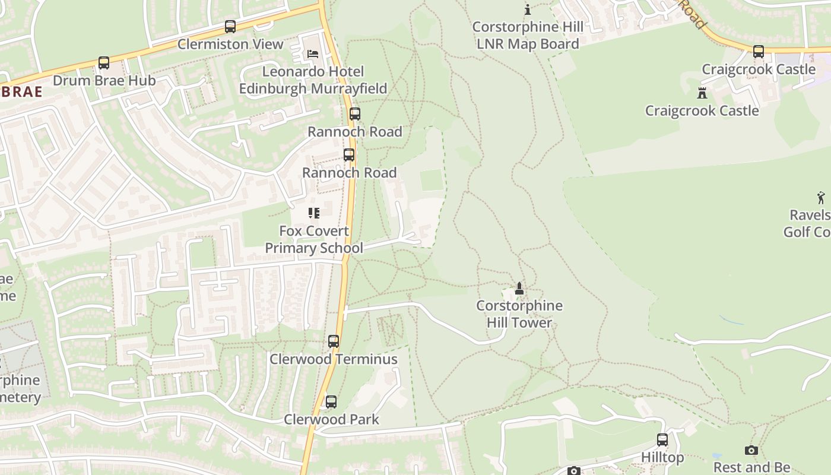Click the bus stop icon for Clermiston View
(x=230, y=27)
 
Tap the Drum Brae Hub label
(x=104, y=81)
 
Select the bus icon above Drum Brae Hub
(x=104, y=63)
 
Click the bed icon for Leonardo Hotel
(x=313, y=54)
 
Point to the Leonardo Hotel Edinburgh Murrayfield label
(x=313, y=80)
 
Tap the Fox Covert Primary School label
(x=313, y=239)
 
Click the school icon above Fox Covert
(x=313, y=213)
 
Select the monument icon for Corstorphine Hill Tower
(x=519, y=289)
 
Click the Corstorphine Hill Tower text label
(x=519, y=314)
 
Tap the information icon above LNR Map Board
(x=528, y=9)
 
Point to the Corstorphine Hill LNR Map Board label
(x=528, y=36)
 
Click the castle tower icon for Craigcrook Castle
(x=702, y=93)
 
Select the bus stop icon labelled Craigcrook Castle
(x=759, y=52)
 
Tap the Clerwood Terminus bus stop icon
(x=334, y=341)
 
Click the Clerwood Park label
(x=331, y=419)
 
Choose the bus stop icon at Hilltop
(x=662, y=440)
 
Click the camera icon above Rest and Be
(x=751, y=451)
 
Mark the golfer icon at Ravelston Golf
(x=821, y=198)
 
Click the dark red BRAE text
(x=21, y=91)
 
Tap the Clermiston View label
(x=230, y=45)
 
